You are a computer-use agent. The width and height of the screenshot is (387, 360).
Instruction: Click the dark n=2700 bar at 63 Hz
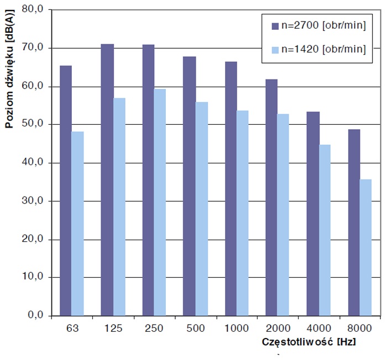pos(66,190)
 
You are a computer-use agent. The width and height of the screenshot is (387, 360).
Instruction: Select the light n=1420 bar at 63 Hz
pos(78,223)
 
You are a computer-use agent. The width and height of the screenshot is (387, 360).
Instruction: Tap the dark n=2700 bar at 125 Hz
pos(107,179)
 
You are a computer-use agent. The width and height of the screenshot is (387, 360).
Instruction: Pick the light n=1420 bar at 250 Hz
pos(160,202)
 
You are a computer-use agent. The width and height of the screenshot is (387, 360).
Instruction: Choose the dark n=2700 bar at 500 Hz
pos(190,186)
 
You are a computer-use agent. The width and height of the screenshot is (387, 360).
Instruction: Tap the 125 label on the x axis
pos(113,328)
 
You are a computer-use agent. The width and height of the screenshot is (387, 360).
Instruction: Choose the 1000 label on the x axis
pos(236,328)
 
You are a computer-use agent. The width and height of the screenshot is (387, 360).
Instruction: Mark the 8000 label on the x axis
pos(360,328)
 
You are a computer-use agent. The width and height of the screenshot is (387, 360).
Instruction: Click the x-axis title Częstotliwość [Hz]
pos(308,342)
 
